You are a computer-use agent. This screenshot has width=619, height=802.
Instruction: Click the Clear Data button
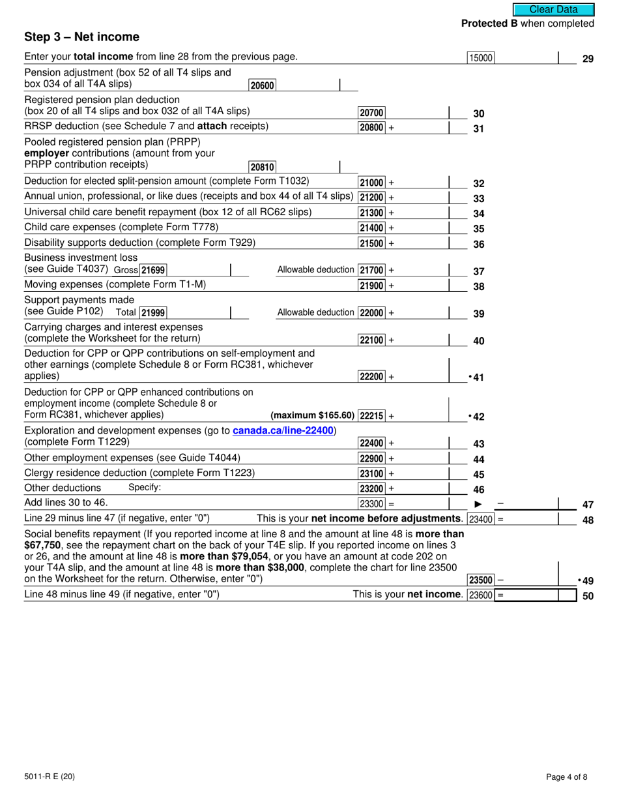click(553, 9)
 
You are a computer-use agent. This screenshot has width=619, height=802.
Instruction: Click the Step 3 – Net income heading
click(81, 37)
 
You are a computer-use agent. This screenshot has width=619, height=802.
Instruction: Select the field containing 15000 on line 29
click(481, 58)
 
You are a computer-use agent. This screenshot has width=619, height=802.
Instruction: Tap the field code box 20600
click(262, 85)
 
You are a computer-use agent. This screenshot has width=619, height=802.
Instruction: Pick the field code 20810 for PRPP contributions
click(262, 167)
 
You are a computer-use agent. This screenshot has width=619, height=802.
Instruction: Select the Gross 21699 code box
click(153, 270)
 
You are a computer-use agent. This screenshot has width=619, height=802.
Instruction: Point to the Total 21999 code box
click(153, 313)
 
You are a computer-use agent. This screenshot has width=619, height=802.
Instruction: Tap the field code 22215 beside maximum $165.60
click(372, 416)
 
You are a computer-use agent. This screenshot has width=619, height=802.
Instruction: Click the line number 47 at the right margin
click(588, 504)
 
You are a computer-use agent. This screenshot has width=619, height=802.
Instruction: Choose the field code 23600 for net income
click(481, 595)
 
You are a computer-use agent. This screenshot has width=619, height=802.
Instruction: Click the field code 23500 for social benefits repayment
click(481, 580)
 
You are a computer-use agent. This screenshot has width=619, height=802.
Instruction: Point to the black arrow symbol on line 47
click(478, 504)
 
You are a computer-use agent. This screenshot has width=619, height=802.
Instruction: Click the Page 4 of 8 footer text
click(570, 777)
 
